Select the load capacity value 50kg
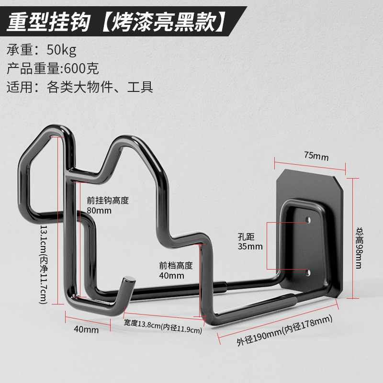point(61,50)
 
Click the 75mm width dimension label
point(316,156)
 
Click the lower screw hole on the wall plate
point(308,273)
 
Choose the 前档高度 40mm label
point(176,270)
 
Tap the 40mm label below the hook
point(87,330)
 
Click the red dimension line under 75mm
point(310,165)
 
